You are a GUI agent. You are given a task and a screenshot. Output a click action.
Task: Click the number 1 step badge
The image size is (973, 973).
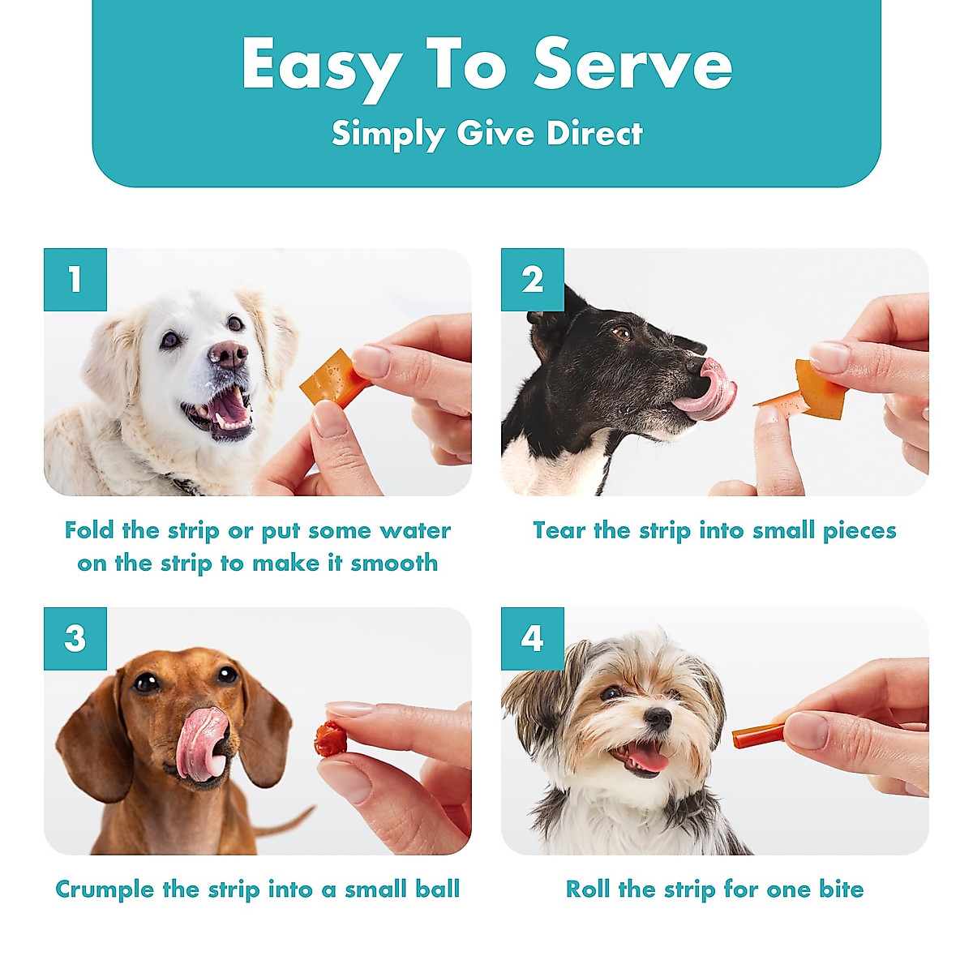pos(75,280)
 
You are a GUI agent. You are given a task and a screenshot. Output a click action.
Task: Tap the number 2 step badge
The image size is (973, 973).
pos(532,280)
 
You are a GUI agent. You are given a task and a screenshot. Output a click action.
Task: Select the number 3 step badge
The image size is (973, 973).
pos(75,639)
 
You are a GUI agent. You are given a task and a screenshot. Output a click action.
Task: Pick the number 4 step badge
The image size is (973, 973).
pos(532,639)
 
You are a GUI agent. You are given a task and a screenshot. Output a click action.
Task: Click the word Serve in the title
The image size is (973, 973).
pos(632,65)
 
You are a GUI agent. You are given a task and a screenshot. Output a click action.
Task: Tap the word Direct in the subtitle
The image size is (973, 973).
pos(594,134)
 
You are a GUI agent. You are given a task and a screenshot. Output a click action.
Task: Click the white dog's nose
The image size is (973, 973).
pos(228,354)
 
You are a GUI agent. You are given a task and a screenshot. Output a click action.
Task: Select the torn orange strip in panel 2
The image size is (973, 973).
pos(815,391)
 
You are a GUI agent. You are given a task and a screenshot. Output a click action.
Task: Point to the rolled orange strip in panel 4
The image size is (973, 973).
pos(758,736)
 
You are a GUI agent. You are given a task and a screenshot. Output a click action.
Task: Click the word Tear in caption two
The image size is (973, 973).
pos(559,531)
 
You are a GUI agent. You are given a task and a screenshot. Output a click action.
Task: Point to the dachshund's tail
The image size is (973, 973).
pos(284,821)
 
